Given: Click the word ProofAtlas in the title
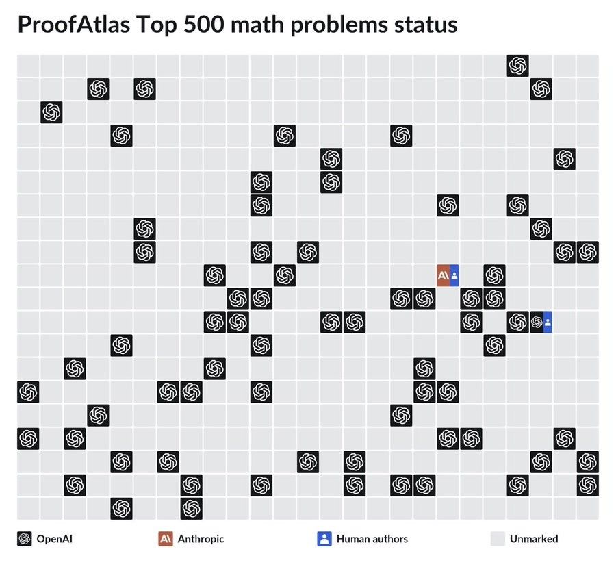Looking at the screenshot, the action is (x=74, y=25).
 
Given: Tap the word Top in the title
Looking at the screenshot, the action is (x=156, y=25).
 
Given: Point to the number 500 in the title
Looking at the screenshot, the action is (x=203, y=25).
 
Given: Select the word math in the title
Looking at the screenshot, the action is (x=257, y=25).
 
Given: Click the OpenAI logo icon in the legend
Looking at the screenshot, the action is (x=25, y=539).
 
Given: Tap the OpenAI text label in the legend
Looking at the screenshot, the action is (x=54, y=539).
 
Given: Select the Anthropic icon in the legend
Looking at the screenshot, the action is (x=166, y=539).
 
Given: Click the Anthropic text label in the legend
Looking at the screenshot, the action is (x=201, y=539).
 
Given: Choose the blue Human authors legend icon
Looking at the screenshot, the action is (x=324, y=539).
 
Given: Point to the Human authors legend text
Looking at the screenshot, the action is (x=372, y=539).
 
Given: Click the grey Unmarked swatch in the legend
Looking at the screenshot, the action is (x=498, y=539).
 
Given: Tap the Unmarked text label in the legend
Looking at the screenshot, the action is (x=534, y=539).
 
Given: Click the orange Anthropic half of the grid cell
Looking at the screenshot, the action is (x=443, y=275).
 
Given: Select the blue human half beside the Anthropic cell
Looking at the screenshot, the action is (x=454, y=275).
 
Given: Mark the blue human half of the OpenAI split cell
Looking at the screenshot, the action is (x=548, y=323).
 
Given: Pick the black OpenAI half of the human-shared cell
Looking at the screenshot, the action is (x=537, y=323).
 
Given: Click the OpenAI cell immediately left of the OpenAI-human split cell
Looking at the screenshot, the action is (x=518, y=323).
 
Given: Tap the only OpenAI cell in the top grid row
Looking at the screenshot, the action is (x=518, y=66).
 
